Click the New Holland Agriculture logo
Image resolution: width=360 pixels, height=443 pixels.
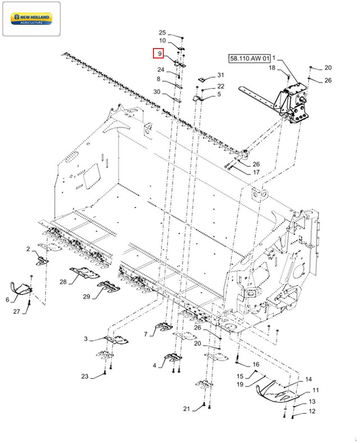(31, 19)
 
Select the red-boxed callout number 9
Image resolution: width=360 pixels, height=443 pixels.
(160, 53)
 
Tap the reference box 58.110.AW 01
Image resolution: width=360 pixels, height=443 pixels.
(249, 58)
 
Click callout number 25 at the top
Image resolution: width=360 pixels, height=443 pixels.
(162, 33)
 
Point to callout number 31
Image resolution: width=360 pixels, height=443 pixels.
(220, 75)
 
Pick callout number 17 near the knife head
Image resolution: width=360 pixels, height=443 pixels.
(256, 172)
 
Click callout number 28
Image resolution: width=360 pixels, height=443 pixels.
(63, 282)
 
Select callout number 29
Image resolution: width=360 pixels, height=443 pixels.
(87, 296)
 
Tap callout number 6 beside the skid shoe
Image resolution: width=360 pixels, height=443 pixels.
(7, 300)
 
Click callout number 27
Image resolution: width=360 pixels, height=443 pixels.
(17, 311)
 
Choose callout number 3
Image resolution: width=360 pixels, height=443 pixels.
(85, 338)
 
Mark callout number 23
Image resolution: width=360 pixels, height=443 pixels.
(85, 376)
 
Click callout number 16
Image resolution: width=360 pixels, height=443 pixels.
(256, 364)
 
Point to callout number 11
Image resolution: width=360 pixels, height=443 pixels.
(316, 390)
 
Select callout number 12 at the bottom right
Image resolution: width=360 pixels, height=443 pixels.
(312, 411)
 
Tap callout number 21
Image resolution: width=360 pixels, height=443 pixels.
(187, 409)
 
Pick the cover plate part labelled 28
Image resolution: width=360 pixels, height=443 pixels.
(84, 272)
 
